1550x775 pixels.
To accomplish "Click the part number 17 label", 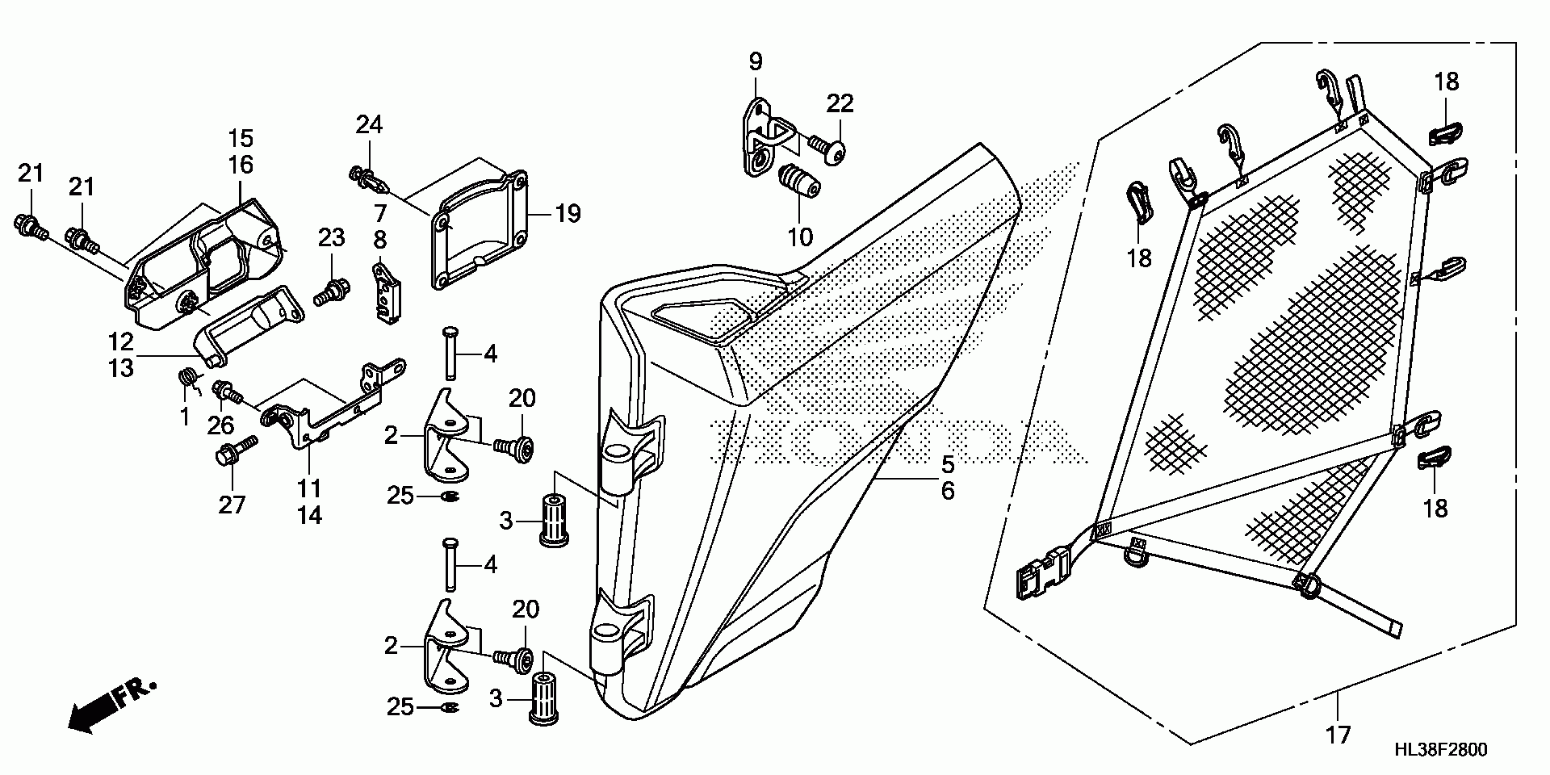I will point(1338,735).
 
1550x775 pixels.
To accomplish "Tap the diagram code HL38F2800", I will point(1440,750).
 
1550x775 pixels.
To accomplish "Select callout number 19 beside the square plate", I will point(568,214).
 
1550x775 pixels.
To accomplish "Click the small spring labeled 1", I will point(187,379).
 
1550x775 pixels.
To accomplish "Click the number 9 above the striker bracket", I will point(755,62).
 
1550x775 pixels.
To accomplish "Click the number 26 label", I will point(220,425).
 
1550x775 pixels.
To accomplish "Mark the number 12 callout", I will point(120,341).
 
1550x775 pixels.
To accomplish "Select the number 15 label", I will point(241,138).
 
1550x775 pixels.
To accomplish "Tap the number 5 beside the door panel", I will point(946,464).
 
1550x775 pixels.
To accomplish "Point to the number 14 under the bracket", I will point(309,515).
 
